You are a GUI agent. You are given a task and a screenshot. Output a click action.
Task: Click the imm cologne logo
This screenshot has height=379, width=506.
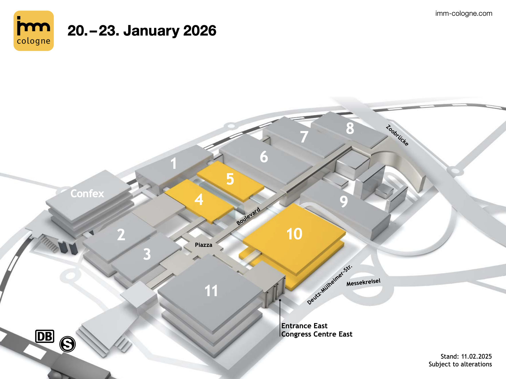coord(34,31)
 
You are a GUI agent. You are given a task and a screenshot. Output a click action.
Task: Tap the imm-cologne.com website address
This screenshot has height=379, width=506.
coord(464,13)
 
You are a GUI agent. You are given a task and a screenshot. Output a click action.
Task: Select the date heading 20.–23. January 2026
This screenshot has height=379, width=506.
coord(142,31)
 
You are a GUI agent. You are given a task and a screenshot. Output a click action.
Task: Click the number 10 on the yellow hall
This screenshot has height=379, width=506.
coord(295,234)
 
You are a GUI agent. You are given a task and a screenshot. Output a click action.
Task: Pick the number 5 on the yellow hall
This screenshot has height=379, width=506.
coord(230,179)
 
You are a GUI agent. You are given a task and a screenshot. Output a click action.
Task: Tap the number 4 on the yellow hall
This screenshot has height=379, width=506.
coord(199,199)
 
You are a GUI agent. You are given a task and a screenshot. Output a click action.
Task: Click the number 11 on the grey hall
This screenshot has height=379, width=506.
coord(211,291)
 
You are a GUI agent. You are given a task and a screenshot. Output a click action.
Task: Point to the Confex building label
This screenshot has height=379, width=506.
coord(87,194)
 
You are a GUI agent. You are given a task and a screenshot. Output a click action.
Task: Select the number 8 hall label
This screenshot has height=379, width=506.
coord(350,128)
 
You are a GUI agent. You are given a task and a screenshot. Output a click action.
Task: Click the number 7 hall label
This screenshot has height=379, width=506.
coord(304,137)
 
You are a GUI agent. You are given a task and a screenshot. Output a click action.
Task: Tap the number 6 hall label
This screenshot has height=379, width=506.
coord(264,157)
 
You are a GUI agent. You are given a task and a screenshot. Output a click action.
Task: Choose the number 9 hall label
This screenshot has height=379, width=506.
coord(344,201)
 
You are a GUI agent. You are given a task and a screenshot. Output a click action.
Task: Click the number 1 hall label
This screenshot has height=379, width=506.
coord(173,164)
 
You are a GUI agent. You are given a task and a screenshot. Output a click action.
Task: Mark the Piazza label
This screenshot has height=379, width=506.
coord(203,245)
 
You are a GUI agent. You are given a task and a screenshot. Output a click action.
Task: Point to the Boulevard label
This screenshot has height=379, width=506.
coord(248,216)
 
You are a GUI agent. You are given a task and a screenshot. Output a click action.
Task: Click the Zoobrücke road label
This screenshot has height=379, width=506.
coord(397,135)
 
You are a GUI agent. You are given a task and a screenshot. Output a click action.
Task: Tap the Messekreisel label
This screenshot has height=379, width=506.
coord(363,282)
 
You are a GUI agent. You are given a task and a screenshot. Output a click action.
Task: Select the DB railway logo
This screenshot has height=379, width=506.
coord(45,336)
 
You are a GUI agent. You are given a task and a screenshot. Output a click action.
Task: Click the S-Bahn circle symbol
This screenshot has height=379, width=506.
coord(68,344)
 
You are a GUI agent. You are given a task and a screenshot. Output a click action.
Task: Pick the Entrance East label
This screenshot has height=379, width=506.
coord(304,326)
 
